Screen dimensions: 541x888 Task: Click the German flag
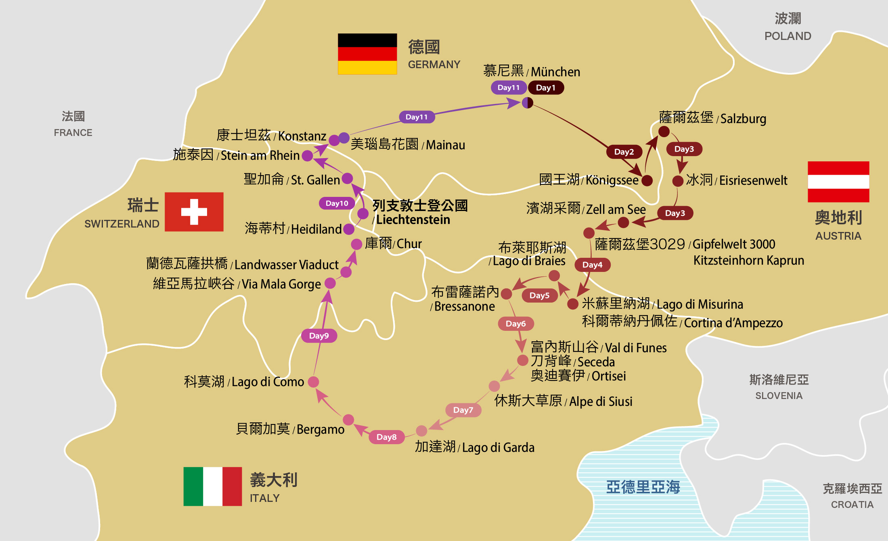point(367,54)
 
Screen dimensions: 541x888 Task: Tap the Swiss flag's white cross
point(194,212)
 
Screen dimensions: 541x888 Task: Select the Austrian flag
point(838,182)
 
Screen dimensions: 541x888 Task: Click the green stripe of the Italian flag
point(193,486)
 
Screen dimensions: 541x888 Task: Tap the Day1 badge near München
point(546,88)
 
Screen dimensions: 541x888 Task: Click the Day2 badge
point(624,152)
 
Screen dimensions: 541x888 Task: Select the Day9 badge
point(319,336)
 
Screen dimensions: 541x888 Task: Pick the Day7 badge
point(463,410)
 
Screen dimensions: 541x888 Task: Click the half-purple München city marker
point(528,103)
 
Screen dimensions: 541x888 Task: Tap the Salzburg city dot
point(664,132)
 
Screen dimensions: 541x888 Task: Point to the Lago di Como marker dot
point(313,382)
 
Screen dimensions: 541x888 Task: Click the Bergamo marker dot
point(348,420)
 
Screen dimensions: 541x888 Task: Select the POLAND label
point(787,36)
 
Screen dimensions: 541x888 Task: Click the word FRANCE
point(73,133)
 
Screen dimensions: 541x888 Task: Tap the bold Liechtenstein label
point(413,220)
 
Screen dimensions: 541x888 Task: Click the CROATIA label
point(852,505)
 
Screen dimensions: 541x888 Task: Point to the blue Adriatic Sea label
point(643,487)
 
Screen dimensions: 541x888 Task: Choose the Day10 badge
point(337,203)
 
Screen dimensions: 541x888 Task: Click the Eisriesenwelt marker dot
point(678,181)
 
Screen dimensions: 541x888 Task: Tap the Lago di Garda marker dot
point(421,431)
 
